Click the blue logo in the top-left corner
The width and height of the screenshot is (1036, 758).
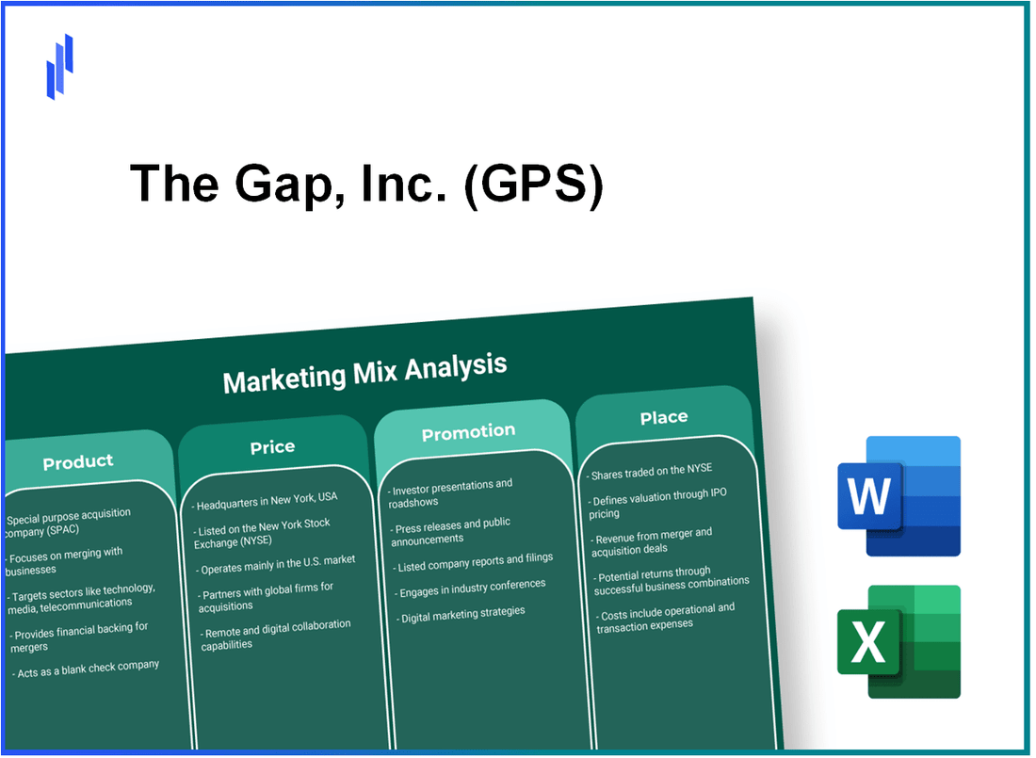[60, 66]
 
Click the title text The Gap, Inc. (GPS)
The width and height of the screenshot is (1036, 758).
[366, 183]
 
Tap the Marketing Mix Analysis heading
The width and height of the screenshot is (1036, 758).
[364, 372]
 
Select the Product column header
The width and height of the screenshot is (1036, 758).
[78, 461]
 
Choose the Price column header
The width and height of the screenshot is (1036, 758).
[272, 447]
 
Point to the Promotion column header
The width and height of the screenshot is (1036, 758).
[468, 432]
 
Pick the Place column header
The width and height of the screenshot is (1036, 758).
[664, 417]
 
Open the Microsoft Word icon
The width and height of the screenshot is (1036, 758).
[899, 496]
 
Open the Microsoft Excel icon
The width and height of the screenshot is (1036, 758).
[899, 641]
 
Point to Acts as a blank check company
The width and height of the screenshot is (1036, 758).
[87, 668]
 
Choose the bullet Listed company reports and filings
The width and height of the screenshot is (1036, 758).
[475, 559]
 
